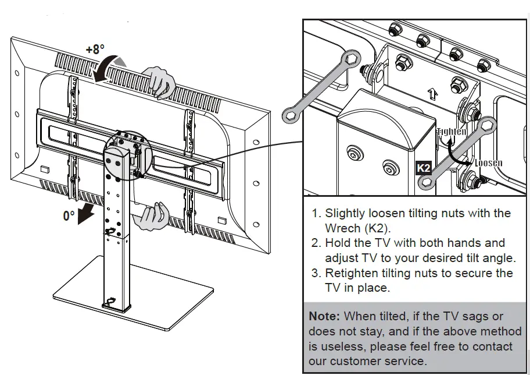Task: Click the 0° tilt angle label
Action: click(x=69, y=215)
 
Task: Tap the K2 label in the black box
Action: click(x=424, y=168)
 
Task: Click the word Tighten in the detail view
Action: click(x=452, y=132)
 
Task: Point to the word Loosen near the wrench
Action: click(x=488, y=163)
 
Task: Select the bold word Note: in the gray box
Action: click(x=325, y=316)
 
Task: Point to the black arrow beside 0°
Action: click(x=88, y=213)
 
